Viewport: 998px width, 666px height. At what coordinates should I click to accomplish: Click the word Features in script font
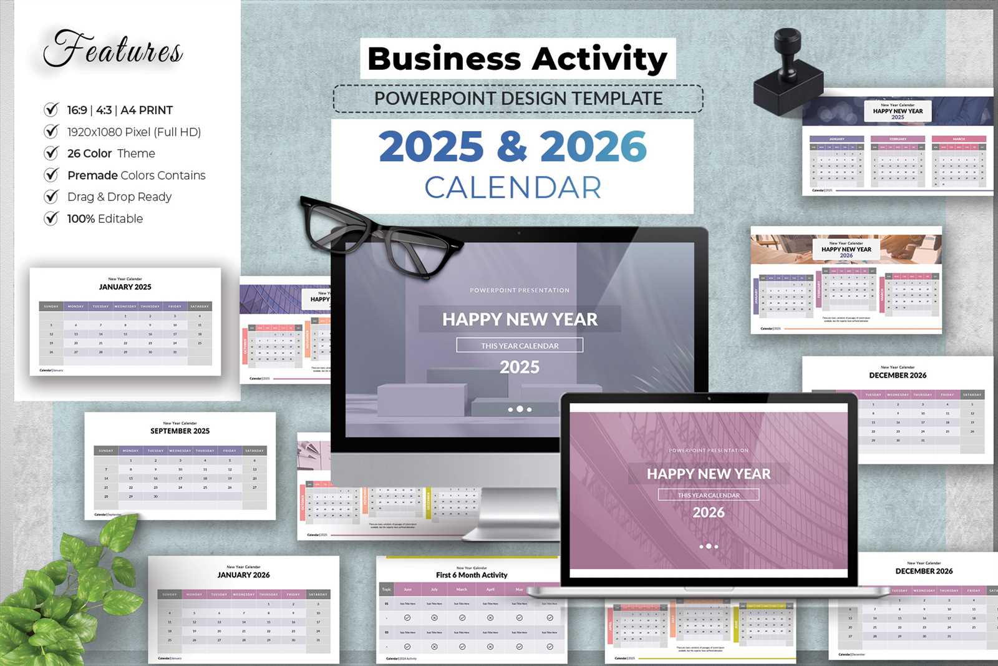point(113,49)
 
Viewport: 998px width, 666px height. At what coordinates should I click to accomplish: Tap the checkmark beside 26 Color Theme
point(51,153)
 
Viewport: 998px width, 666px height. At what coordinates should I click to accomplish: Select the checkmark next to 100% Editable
point(51,218)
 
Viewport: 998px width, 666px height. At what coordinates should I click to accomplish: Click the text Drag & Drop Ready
point(119,197)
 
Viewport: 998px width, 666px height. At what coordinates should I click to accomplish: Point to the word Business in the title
point(443,59)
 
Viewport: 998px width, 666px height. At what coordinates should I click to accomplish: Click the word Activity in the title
point(599,59)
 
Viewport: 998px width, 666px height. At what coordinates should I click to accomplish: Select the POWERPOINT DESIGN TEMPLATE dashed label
point(518,99)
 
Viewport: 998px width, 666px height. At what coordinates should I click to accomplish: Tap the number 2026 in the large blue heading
point(593,147)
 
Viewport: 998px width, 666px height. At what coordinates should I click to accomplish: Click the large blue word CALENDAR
point(513,187)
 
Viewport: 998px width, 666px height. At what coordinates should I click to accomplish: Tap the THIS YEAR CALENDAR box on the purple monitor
point(520,345)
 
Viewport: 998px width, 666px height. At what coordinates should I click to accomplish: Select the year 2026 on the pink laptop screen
point(709,512)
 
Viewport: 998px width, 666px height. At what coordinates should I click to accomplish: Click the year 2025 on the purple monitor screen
point(520,367)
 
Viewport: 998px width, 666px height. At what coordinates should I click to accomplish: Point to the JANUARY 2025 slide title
point(125,287)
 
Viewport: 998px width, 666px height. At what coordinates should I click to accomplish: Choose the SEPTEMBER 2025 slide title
point(180,431)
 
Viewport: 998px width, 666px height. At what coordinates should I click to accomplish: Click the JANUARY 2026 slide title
point(243,575)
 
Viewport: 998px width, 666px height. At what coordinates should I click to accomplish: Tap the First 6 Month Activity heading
point(472,575)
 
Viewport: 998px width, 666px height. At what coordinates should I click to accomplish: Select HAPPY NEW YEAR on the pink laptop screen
point(709,474)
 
